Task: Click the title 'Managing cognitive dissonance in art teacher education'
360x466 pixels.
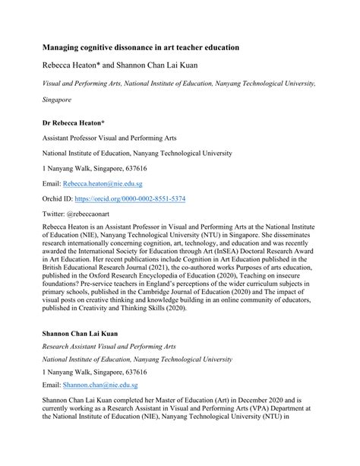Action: point(141,47)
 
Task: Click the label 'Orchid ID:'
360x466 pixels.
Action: point(57,198)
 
